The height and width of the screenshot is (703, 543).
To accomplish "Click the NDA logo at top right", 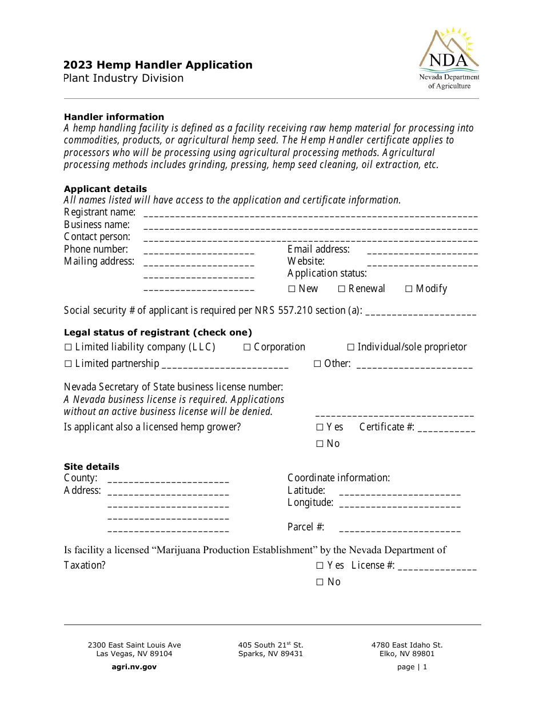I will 449,58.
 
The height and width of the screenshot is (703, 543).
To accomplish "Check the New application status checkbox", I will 292,289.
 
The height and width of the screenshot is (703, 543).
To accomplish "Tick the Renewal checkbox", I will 342,289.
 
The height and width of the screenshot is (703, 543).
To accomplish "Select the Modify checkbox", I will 409,289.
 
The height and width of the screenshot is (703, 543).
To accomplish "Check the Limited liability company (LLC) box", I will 68,347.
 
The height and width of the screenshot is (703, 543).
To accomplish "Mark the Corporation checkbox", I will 247,347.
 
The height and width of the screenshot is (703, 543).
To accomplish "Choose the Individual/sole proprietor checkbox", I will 351,347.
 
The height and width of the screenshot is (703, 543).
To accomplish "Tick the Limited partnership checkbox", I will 68,364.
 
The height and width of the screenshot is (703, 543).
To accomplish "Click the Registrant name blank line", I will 310,214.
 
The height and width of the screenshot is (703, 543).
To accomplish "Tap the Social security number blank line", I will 420,312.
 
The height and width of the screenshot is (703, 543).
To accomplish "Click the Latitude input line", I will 400,492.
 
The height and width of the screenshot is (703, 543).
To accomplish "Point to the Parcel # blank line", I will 400,529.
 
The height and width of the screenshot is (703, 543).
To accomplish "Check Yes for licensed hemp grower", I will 320,428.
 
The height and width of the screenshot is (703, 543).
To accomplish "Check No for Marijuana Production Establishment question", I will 320,582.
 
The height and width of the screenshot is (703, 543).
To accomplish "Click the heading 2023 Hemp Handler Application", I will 158,65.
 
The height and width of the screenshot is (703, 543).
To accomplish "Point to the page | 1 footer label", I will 412,666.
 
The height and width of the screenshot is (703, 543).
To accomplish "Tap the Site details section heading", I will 91,466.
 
